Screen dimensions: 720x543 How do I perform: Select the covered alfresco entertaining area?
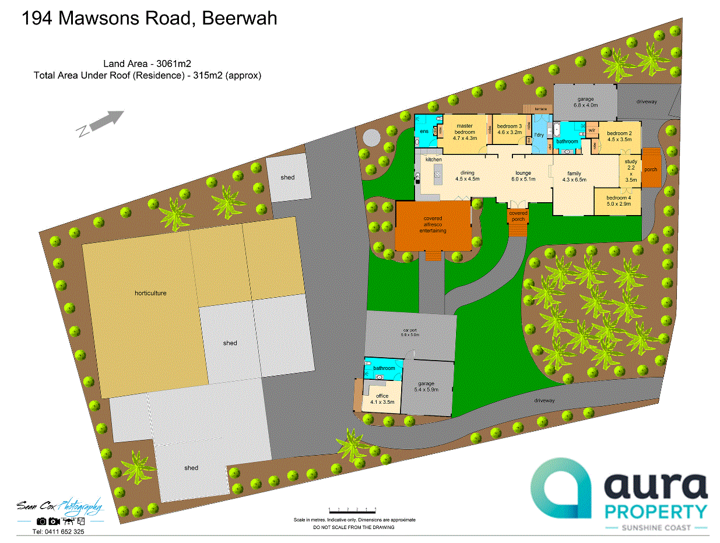click(433, 225)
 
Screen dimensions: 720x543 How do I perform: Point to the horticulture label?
click(150, 293)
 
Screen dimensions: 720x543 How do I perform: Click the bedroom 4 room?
click(617, 200)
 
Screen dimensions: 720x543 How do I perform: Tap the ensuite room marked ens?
click(424, 132)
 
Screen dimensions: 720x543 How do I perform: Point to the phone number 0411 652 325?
click(58, 532)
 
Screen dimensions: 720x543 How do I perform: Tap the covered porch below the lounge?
click(518, 216)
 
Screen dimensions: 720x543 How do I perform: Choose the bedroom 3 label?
click(509, 129)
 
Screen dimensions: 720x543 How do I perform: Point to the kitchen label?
click(433, 159)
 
